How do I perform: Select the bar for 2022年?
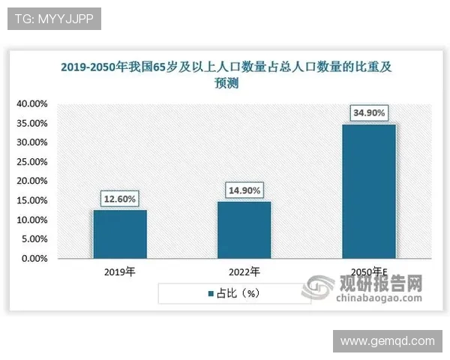tap(244, 229)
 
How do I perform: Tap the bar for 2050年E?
tap(368, 191)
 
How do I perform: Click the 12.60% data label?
tap(120, 199)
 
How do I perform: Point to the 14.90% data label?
tap(244, 190)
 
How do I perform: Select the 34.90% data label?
tap(368, 113)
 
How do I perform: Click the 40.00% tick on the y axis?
tap(32, 103)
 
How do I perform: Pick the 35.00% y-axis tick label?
tap(32, 123)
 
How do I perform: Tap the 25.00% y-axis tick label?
tap(32, 162)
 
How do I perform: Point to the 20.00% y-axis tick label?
tap(32, 181)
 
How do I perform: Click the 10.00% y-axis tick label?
tap(32, 220)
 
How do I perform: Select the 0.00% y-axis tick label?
tap(34, 259)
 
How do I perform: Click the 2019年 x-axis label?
tap(120, 271)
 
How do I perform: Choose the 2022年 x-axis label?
tap(244, 271)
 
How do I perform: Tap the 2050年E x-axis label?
tap(369, 271)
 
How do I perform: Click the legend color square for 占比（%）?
tap(211, 293)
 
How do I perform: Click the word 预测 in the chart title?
tap(226, 84)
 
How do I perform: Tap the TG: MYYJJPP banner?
tap(54, 19)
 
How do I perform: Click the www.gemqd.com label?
tap(387, 341)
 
